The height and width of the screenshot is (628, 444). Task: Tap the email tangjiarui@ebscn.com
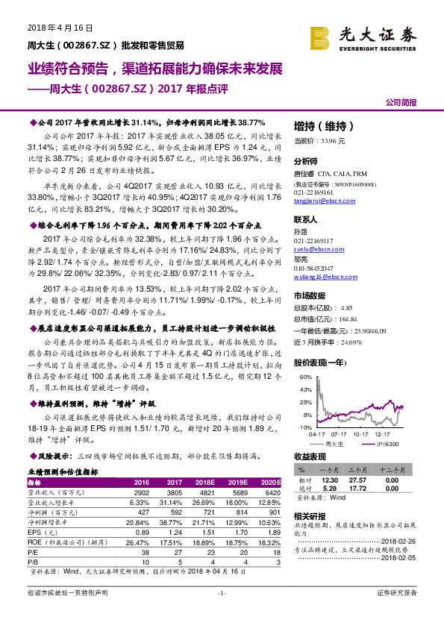pos(325,199)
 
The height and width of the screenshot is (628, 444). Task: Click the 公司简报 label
pos(401,101)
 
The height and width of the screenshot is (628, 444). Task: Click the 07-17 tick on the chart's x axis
pos(340,433)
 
